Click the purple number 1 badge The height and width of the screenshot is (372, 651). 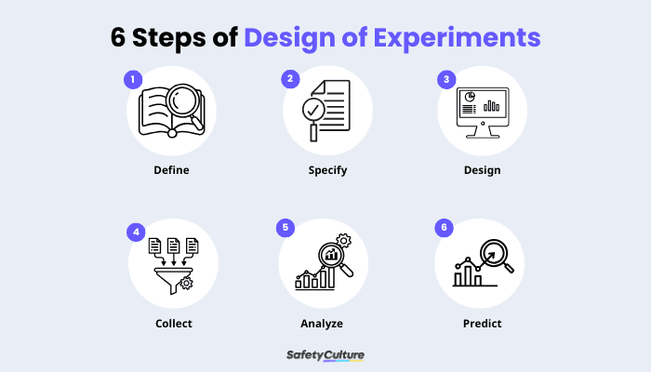point(133,80)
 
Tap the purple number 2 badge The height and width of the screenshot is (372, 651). point(290,80)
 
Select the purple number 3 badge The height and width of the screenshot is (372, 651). point(446,80)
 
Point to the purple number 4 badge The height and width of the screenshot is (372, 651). point(137,230)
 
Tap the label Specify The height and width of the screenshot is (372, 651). point(327,170)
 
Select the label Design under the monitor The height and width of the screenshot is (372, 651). point(482,170)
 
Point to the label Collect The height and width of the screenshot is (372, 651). point(173,324)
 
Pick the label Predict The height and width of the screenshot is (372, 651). point(482,324)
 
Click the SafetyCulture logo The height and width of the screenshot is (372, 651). point(325,354)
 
